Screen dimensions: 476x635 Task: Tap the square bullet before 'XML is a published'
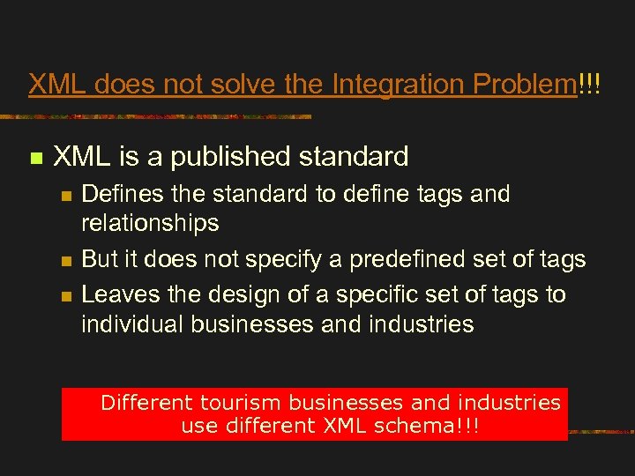[35, 159]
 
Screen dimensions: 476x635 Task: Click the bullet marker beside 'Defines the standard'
[65, 196]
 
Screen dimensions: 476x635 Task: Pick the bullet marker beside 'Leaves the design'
[65, 295]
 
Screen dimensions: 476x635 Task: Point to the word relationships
[150, 224]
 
